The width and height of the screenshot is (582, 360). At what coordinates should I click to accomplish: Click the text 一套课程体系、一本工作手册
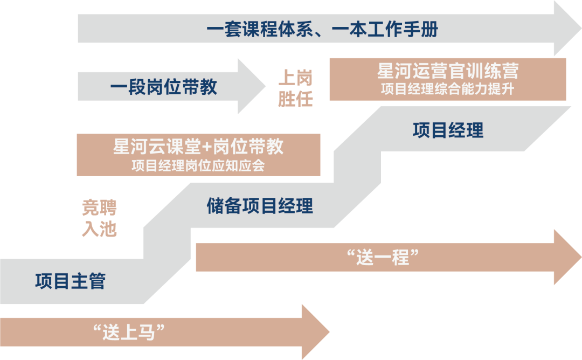pos(322,29)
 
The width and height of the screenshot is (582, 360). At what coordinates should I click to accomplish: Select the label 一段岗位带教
pos(163,87)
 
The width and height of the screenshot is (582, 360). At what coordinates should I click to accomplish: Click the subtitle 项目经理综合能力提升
pos(447,89)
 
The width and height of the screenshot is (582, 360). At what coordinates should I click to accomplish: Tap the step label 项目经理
pos(448,130)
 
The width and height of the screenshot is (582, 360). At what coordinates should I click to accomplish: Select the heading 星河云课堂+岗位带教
pos(198,147)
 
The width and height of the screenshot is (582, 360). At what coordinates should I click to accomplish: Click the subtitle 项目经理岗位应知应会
pos(198,165)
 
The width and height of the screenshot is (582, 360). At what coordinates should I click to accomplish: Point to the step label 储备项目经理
pos(260,206)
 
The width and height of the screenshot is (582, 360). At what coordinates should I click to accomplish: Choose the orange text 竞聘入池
pos(99,218)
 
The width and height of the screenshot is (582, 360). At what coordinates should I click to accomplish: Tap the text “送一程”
pos(384,258)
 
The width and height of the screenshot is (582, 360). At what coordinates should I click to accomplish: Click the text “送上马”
pos(129,332)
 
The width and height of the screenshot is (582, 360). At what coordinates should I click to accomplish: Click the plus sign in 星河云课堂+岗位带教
pos(207,147)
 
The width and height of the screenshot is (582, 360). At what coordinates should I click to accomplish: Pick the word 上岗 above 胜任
pos(295,79)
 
